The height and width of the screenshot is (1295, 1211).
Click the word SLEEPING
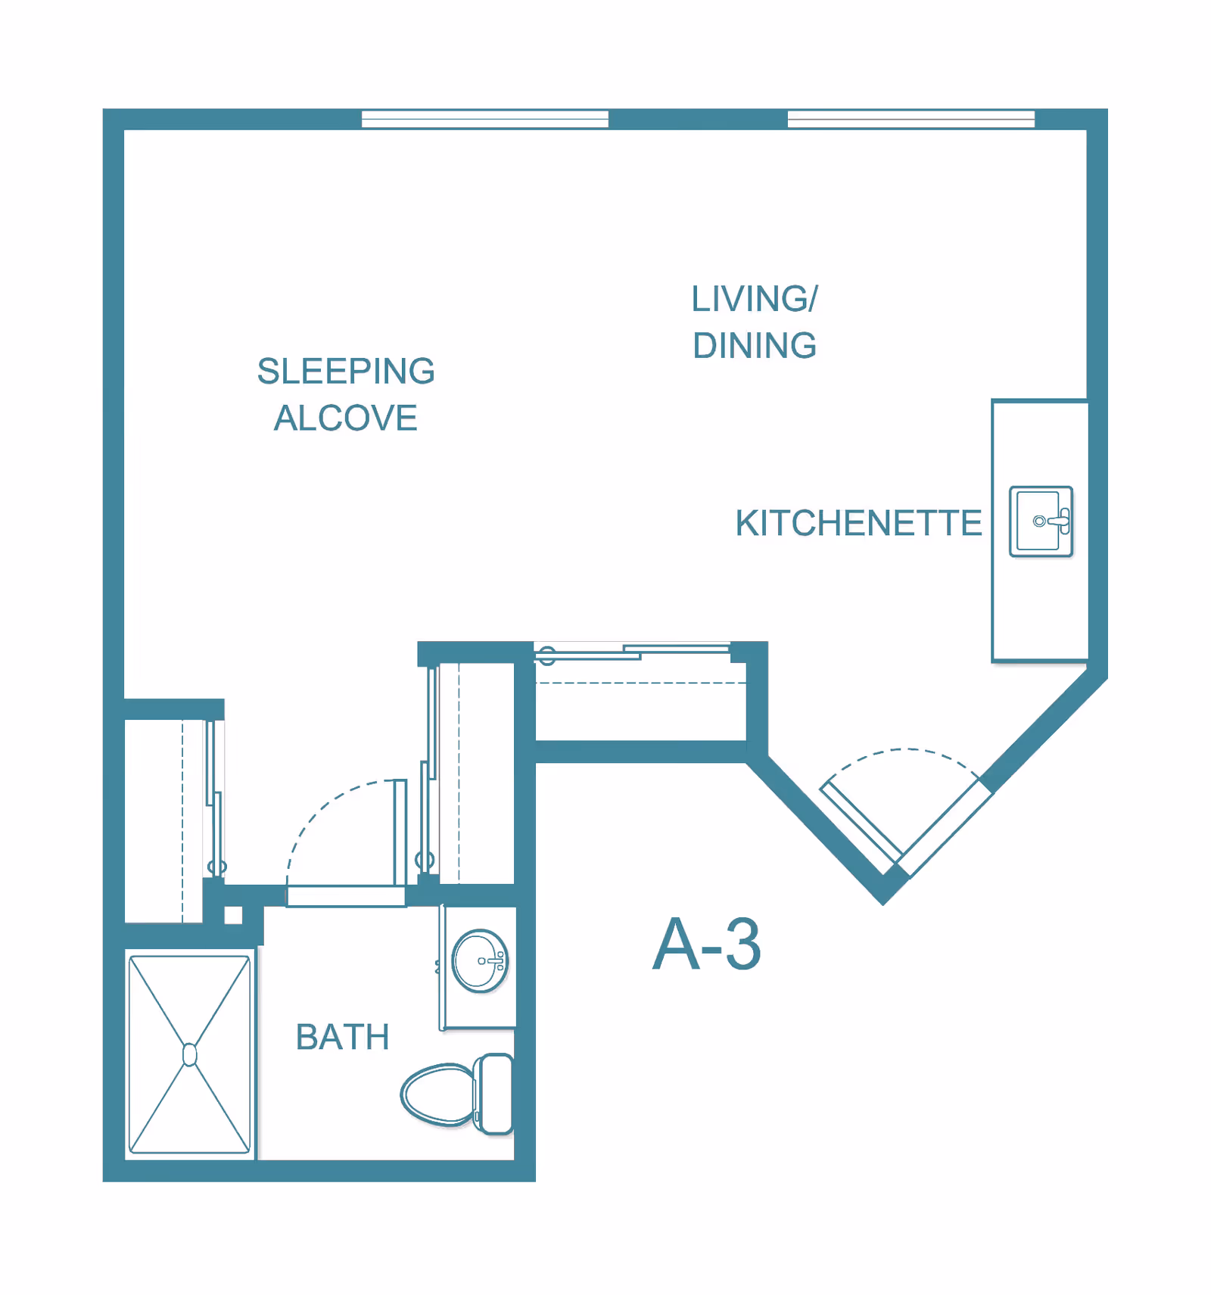[346, 371]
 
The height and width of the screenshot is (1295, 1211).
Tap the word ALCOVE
[346, 418]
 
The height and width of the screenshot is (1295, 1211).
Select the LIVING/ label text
[755, 299]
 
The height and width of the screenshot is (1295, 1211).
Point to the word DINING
[755, 346]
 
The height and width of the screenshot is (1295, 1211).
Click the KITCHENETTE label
[858, 523]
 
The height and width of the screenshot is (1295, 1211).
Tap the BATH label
[343, 1037]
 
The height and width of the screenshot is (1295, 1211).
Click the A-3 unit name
[707, 944]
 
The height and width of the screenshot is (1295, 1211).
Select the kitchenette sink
[1041, 521]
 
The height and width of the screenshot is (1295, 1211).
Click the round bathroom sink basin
[480, 960]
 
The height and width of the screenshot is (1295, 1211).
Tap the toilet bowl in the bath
[437, 1094]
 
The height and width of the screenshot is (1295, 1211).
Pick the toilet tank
[495, 1094]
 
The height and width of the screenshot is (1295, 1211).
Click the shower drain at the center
[190, 1054]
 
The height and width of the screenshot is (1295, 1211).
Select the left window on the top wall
[485, 119]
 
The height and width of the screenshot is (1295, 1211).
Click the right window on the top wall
[911, 119]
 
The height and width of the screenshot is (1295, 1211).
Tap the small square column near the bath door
[233, 915]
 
